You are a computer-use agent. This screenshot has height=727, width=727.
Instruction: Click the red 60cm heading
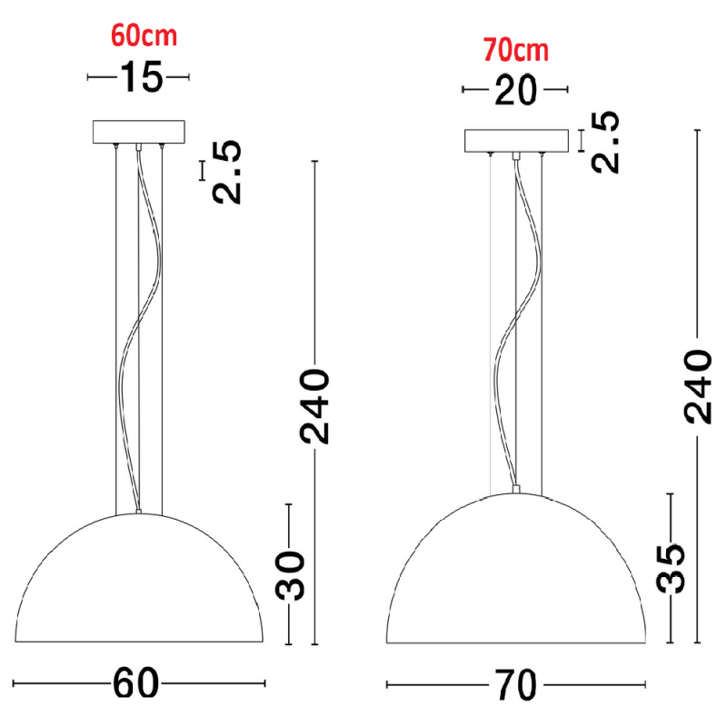(x=144, y=35)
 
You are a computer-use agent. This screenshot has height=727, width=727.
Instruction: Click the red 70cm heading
(x=516, y=50)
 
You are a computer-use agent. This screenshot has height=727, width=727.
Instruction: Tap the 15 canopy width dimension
(x=142, y=77)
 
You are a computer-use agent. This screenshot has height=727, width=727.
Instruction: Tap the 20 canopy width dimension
(x=515, y=90)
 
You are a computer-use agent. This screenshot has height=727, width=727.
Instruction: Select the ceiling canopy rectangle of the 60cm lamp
(x=139, y=132)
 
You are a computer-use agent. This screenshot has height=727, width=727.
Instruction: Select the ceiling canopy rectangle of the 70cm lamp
(x=516, y=141)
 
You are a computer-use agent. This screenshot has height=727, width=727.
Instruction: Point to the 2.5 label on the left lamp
(x=226, y=172)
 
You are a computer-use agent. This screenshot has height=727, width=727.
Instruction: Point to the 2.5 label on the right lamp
(x=605, y=142)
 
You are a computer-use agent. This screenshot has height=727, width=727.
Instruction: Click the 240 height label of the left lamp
(x=314, y=406)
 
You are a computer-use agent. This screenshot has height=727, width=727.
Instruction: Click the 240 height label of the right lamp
(x=697, y=387)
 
